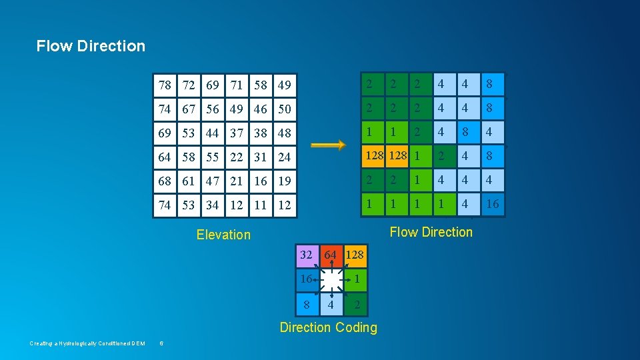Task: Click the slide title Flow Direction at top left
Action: coord(91,46)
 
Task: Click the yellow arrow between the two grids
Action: coord(328,145)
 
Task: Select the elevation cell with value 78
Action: coord(165,85)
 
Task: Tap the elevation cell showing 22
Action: coord(237,157)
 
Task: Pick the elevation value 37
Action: coord(237,133)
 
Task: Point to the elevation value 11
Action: coord(261,205)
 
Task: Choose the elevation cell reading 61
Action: coord(189,181)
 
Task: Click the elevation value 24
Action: coord(285,157)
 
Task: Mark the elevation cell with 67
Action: coord(189,109)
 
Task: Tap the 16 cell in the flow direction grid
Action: coord(492,204)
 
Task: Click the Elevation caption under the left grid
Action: coord(224,235)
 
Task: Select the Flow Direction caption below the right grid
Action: coord(431,232)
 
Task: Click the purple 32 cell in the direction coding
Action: coord(307,255)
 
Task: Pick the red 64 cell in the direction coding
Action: coord(330,255)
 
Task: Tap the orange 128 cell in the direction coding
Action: coord(355,255)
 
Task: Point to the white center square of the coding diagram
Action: coord(331,280)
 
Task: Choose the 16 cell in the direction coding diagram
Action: coord(306,279)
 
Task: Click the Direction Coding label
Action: coord(328,327)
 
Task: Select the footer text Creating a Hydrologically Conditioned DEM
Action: coord(87,343)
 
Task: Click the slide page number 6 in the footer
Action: coord(161,343)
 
